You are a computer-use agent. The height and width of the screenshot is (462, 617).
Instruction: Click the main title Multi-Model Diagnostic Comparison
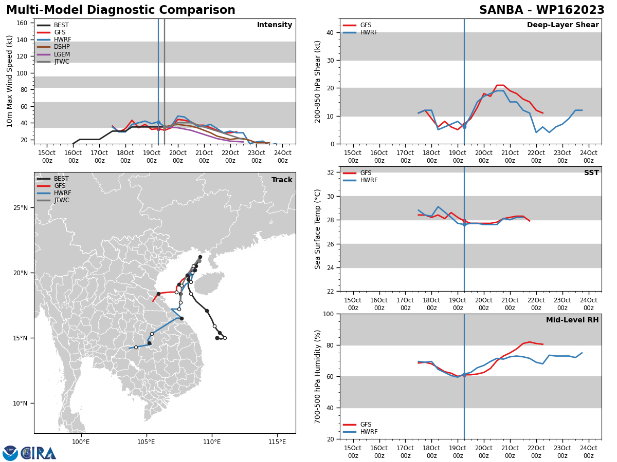(121, 10)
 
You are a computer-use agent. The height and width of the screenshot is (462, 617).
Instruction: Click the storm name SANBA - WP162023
(541, 10)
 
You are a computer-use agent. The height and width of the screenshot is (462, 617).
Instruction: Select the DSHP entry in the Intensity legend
(53, 47)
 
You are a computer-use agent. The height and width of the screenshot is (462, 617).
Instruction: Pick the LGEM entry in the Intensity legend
(53, 54)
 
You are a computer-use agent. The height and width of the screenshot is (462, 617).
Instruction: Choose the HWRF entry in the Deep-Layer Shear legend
(360, 32)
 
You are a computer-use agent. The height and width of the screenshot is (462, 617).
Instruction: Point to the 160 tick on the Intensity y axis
(22, 23)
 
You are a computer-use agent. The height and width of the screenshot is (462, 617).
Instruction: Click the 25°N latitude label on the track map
(21, 208)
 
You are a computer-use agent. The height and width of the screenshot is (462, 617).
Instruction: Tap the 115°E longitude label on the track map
(277, 442)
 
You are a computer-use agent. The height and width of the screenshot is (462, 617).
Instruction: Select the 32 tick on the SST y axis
(331, 172)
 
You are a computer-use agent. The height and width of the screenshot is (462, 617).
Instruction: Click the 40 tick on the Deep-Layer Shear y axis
(330, 33)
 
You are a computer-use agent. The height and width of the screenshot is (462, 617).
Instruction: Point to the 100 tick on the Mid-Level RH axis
(329, 314)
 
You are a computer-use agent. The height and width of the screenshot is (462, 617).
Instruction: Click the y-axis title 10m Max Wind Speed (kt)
(9, 81)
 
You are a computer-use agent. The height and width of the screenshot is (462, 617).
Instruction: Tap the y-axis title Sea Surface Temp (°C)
(317, 229)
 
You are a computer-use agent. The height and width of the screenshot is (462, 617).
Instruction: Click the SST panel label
(591, 172)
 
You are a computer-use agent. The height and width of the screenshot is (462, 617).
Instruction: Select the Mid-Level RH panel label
(572, 320)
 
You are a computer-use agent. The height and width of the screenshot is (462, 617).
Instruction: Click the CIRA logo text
(39, 453)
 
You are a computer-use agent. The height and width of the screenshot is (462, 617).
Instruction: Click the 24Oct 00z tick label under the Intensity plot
(282, 157)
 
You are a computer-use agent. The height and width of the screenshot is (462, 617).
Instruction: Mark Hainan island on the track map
(209, 283)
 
